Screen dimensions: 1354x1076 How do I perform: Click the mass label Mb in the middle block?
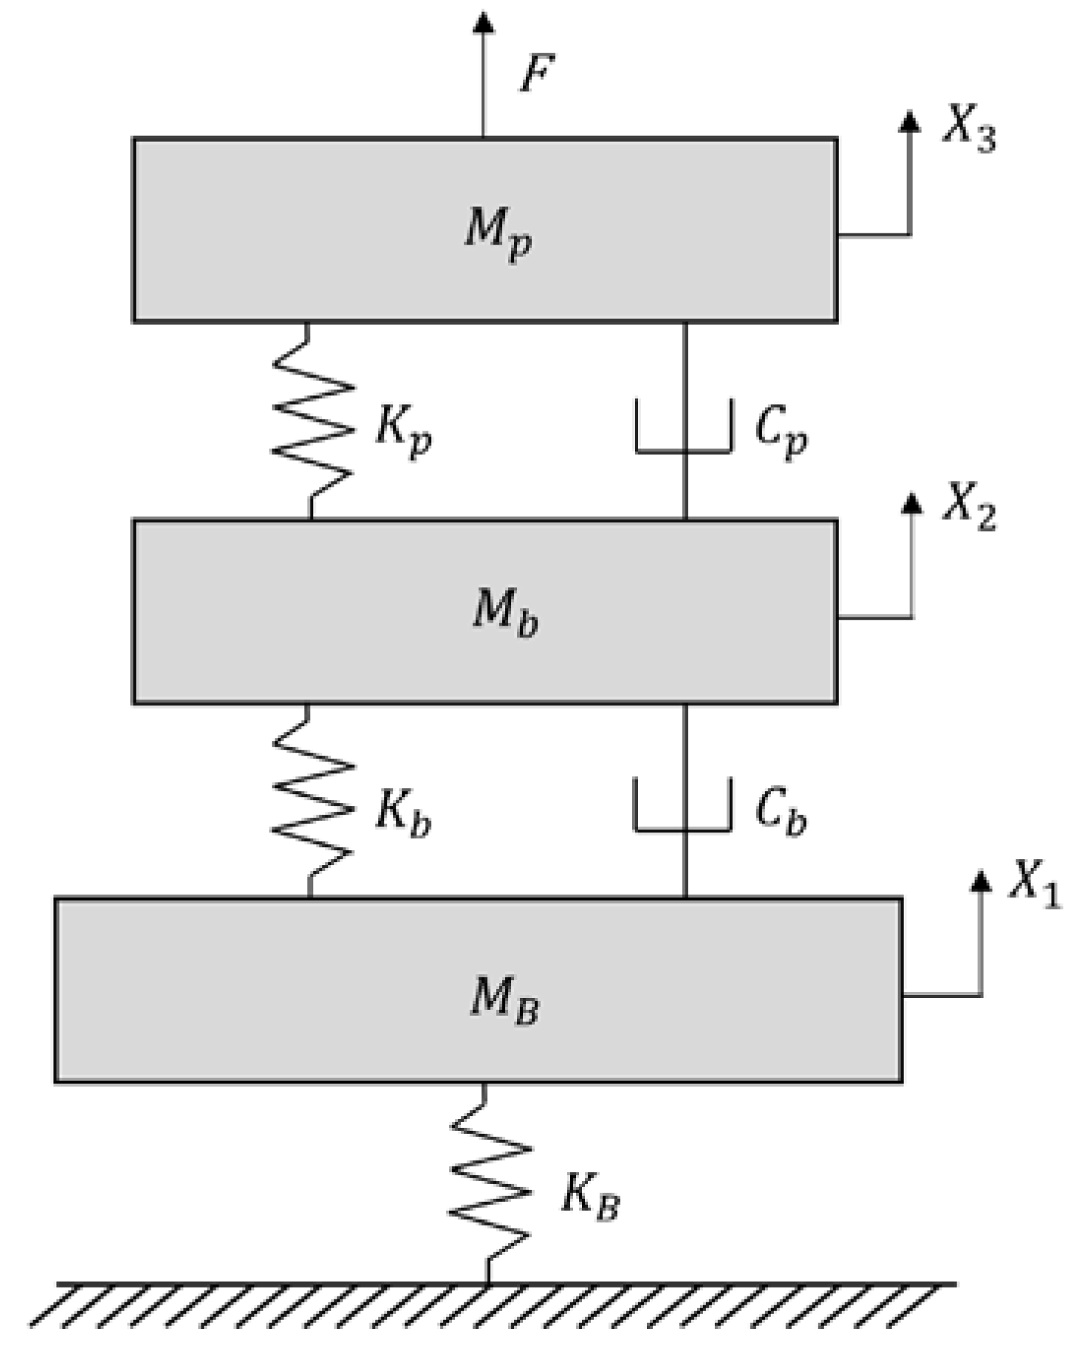click(x=504, y=612)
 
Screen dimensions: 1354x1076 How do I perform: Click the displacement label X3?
click(x=968, y=129)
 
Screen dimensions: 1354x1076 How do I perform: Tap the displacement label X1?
click(x=1034, y=883)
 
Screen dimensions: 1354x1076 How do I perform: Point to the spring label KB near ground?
click(x=589, y=1196)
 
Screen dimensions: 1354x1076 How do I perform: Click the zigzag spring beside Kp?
click(x=313, y=421)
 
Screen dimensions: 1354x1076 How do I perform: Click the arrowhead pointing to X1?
click(x=980, y=881)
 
